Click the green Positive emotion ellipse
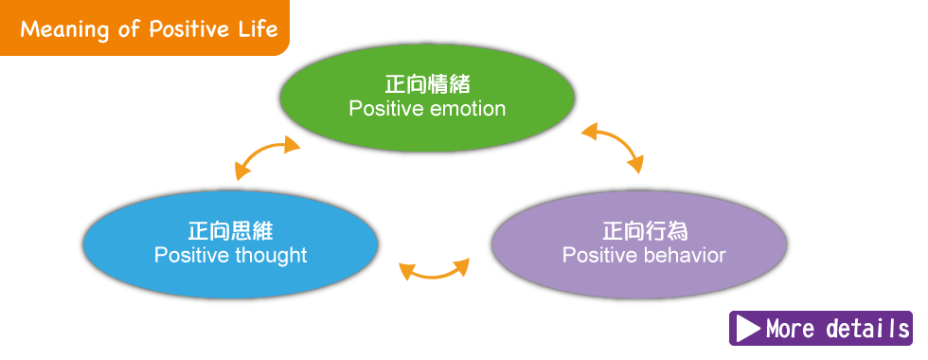tap(427, 98)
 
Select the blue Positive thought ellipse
tap(230, 244)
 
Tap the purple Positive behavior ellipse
tap(639, 244)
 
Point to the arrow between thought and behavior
tap(434, 273)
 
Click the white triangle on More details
tap(748, 329)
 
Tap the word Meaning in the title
tap(64, 29)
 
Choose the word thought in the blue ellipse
tap(271, 255)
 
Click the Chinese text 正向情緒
tap(427, 84)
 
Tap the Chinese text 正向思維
tap(231, 230)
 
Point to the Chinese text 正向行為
tap(645, 230)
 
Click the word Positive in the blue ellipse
tap(191, 255)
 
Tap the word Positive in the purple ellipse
tap(598, 255)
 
